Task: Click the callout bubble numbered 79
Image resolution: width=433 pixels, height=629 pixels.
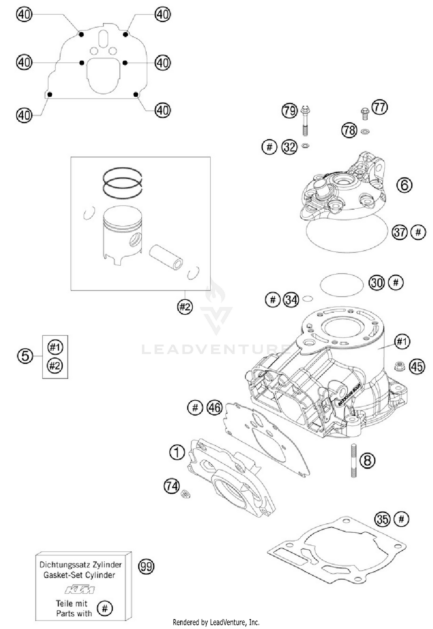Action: coord(290,111)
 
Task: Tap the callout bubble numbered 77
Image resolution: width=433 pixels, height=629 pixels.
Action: coord(380,107)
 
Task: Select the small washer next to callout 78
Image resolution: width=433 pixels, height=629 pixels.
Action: coord(365,132)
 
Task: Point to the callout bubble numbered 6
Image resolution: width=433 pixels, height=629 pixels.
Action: coord(404,185)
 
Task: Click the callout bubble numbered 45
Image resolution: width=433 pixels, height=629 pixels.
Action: coord(417,367)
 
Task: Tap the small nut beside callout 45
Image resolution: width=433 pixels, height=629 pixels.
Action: coord(399,366)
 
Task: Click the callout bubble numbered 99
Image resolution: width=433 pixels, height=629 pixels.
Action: coord(146,566)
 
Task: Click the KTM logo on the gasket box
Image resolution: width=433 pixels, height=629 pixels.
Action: coord(80,589)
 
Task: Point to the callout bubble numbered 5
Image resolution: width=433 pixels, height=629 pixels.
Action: coord(25,356)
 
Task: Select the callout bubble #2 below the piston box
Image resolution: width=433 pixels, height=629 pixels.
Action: coord(185,307)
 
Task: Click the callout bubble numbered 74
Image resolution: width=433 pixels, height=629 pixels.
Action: coord(172,486)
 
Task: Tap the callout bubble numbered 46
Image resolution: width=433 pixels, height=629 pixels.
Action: coord(215,408)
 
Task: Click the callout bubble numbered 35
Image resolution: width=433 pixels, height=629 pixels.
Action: coord(382,519)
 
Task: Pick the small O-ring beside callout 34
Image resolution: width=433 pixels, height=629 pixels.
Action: coord(308,299)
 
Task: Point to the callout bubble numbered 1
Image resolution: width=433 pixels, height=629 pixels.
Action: coord(177,452)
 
